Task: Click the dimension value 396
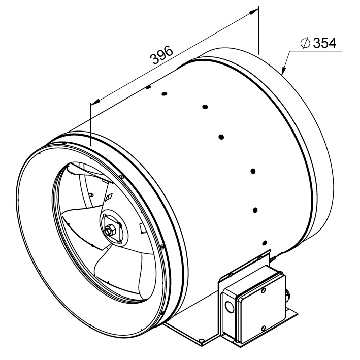pos(161,55)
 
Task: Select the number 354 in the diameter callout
pos(325,43)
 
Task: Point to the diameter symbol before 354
pos(305,43)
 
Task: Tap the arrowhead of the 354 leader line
pos(284,70)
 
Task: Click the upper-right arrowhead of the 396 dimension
pos(254,11)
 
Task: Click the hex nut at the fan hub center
pos(109,231)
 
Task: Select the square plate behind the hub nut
pos(112,227)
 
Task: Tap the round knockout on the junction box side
pos(228,306)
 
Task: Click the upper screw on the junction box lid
pos(264,290)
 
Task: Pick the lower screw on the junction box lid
pos(264,328)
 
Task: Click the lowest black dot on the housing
pos(265,242)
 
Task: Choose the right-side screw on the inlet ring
pos(162,247)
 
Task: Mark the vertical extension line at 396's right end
pos(259,30)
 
